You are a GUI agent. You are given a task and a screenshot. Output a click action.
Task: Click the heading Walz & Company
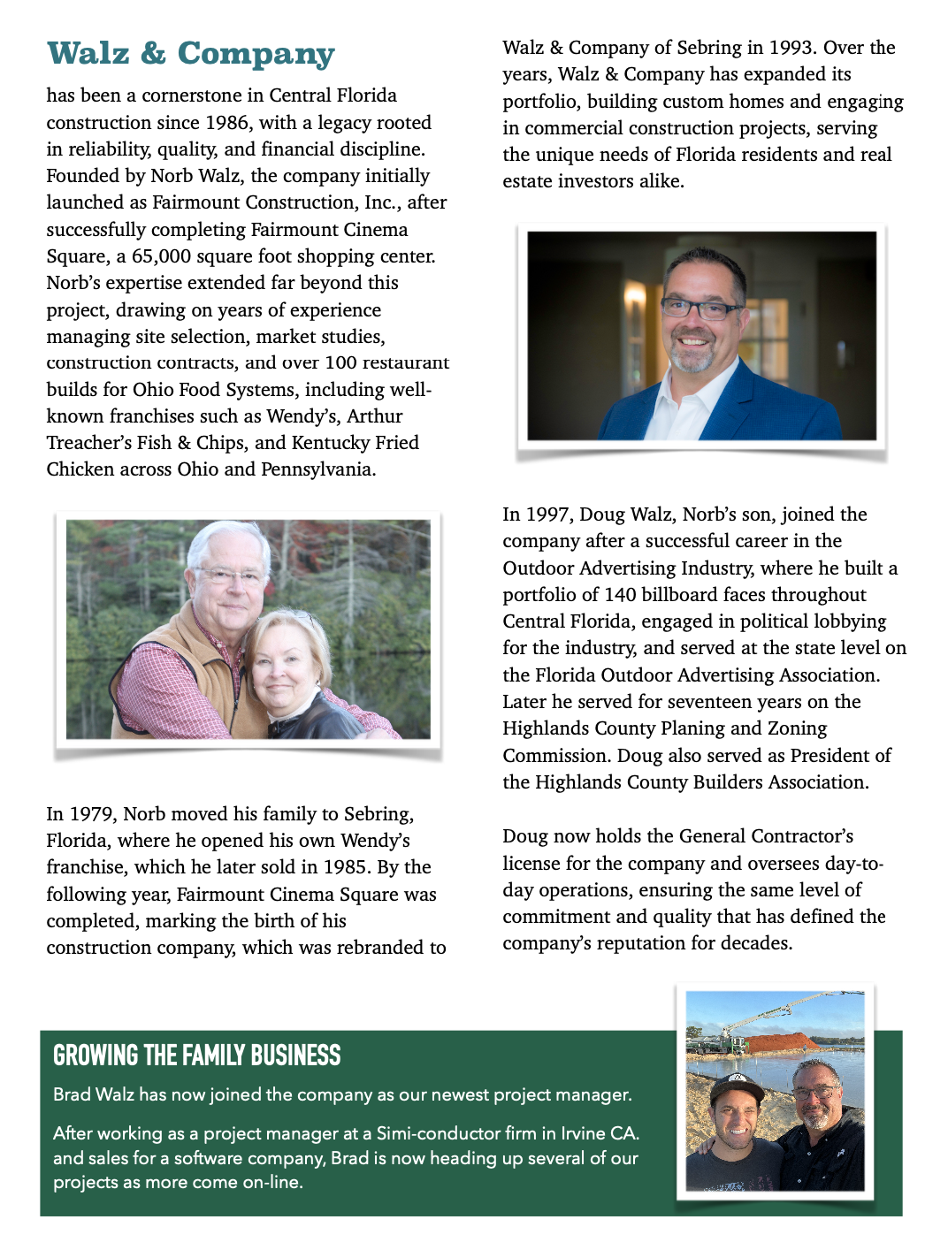click(190, 53)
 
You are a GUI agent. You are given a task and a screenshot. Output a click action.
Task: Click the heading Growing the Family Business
click(196, 1056)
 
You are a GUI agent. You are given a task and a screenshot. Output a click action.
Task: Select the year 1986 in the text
click(227, 123)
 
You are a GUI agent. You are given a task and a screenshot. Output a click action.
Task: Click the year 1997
click(548, 514)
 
